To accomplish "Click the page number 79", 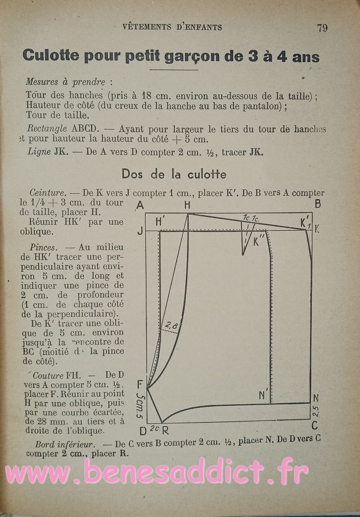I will [x=322, y=28].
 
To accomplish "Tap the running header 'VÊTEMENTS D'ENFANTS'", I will [x=172, y=27].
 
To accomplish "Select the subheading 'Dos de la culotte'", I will [x=174, y=174].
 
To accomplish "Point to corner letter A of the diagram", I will [x=140, y=205].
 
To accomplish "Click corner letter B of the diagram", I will [x=318, y=204].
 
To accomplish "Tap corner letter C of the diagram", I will [x=315, y=426].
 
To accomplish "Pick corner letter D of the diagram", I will [x=142, y=431].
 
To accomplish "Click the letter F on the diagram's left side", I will [x=140, y=384].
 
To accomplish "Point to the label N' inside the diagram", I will [x=263, y=395].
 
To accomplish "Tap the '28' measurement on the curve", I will [x=171, y=326].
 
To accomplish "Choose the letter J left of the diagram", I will [x=140, y=231].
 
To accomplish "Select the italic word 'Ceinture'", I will [x=47, y=192].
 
